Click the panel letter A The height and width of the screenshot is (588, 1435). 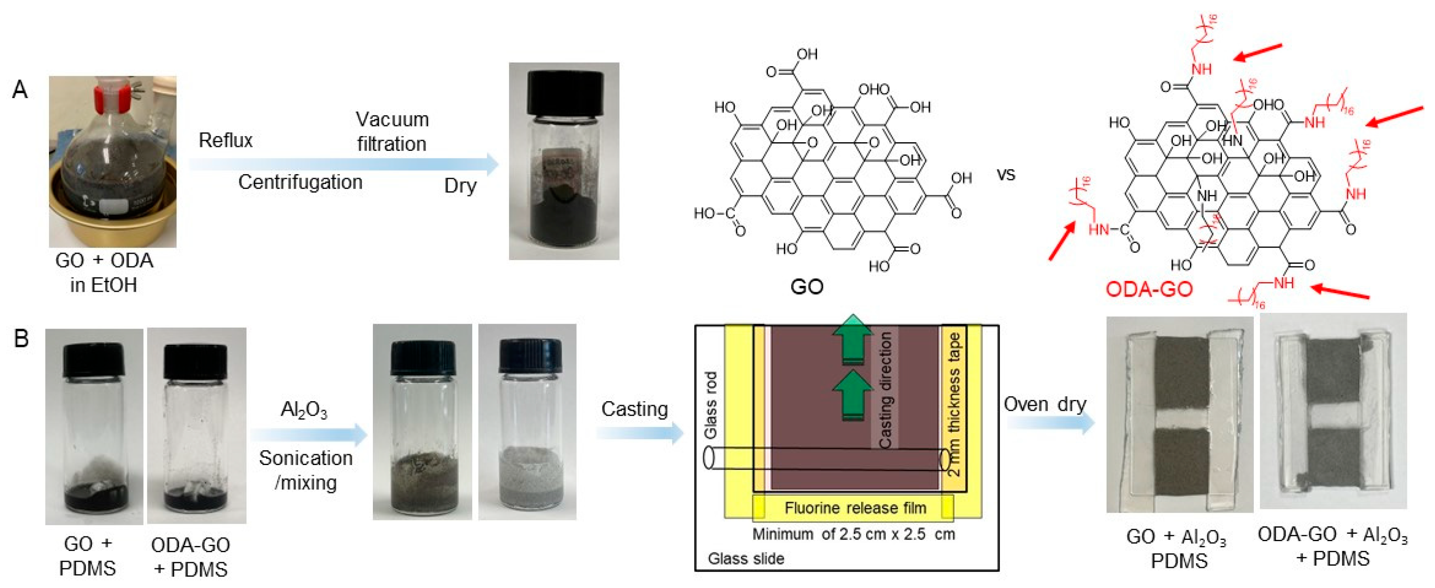(x=20, y=90)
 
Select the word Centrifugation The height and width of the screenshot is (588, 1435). (x=300, y=182)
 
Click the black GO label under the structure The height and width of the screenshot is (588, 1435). (x=807, y=287)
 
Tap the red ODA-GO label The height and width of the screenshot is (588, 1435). (x=1149, y=290)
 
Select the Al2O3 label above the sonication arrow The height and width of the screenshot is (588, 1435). (x=304, y=410)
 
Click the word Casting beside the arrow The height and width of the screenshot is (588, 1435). (x=635, y=409)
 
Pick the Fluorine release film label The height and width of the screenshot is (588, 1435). (x=855, y=508)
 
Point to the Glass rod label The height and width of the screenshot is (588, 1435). (x=710, y=405)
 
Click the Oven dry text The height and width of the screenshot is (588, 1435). (x=1045, y=404)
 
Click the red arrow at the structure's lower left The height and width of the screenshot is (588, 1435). (x=1062, y=241)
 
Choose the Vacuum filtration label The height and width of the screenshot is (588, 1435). (x=392, y=131)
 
